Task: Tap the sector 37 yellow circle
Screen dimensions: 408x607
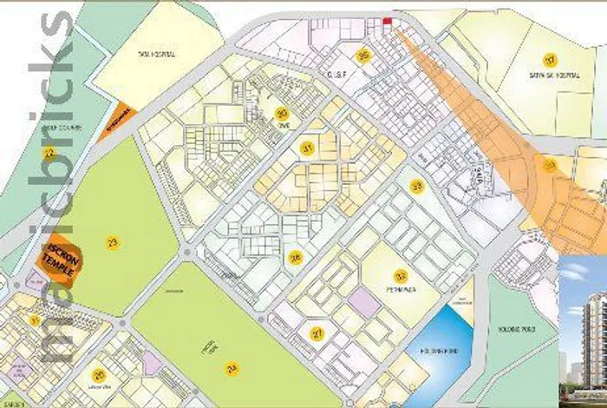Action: [x=549, y=60]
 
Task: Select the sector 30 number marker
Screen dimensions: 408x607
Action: [x=281, y=114]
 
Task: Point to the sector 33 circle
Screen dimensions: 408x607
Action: [x=418, y=185]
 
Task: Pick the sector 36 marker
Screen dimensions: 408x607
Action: [x=296, y=257]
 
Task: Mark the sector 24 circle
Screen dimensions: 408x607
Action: [x=232, y=369]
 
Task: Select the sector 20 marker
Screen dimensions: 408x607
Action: [x=99, y=375]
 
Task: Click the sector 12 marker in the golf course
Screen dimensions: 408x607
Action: [x=49, y=152]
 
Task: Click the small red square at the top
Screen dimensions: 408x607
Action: [x=388, y=22]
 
